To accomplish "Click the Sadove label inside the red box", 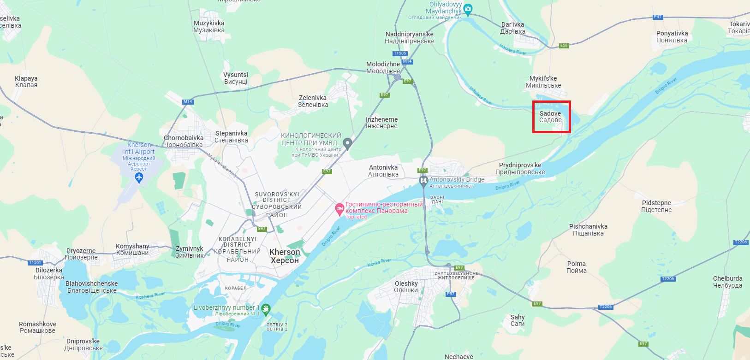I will [x=550, y=117].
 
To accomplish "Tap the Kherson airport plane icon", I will [x=139, y=177].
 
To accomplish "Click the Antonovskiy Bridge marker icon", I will [x=423, y=181].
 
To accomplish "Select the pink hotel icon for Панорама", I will [x=339, y=209].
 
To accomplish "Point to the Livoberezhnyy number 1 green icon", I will [x=266, y=308].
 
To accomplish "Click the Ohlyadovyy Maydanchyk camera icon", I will [x=468, y=9].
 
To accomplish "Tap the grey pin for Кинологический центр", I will [x=348, y=143].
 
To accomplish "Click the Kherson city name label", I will [x=285, y=256].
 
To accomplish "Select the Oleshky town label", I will [x=406, y=287].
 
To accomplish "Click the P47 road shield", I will [x=658, y=17].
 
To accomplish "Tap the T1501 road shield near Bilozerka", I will [x=35, y=262].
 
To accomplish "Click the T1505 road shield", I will [x=400, y=53].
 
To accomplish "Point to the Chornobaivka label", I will [x=183, y=141].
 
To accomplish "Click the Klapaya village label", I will [x=26, y=82].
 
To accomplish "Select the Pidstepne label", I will [x=656, y=206].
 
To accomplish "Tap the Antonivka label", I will [x=383, y=171].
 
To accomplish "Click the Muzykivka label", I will [x=209, y=26].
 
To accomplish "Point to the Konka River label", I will [x=379, y=263].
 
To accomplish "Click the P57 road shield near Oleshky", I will [x=451, y=294].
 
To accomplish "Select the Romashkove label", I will [x=37, y=327].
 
